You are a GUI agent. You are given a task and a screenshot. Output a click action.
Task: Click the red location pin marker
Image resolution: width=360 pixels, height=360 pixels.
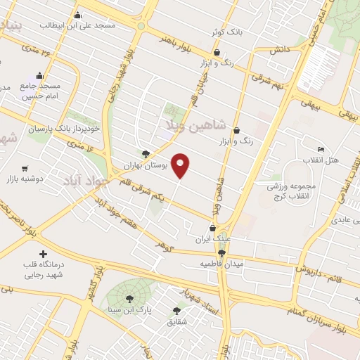pos(181,165)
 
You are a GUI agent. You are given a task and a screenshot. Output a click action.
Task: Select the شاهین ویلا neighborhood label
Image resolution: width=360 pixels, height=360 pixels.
pos(195,126)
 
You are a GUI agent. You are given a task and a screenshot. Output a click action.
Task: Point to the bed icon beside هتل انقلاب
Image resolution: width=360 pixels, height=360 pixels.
pos(321,150)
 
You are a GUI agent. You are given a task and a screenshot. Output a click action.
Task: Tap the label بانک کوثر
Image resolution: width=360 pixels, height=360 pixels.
pos(226,32)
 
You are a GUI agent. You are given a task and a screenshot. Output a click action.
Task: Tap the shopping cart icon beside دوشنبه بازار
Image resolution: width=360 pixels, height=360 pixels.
pos(25,169)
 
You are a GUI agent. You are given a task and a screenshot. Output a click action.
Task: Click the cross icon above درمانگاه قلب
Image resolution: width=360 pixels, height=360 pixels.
pos(43,254)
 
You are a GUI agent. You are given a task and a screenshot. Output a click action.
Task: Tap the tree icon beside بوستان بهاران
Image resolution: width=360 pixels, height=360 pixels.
pos(146,153)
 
